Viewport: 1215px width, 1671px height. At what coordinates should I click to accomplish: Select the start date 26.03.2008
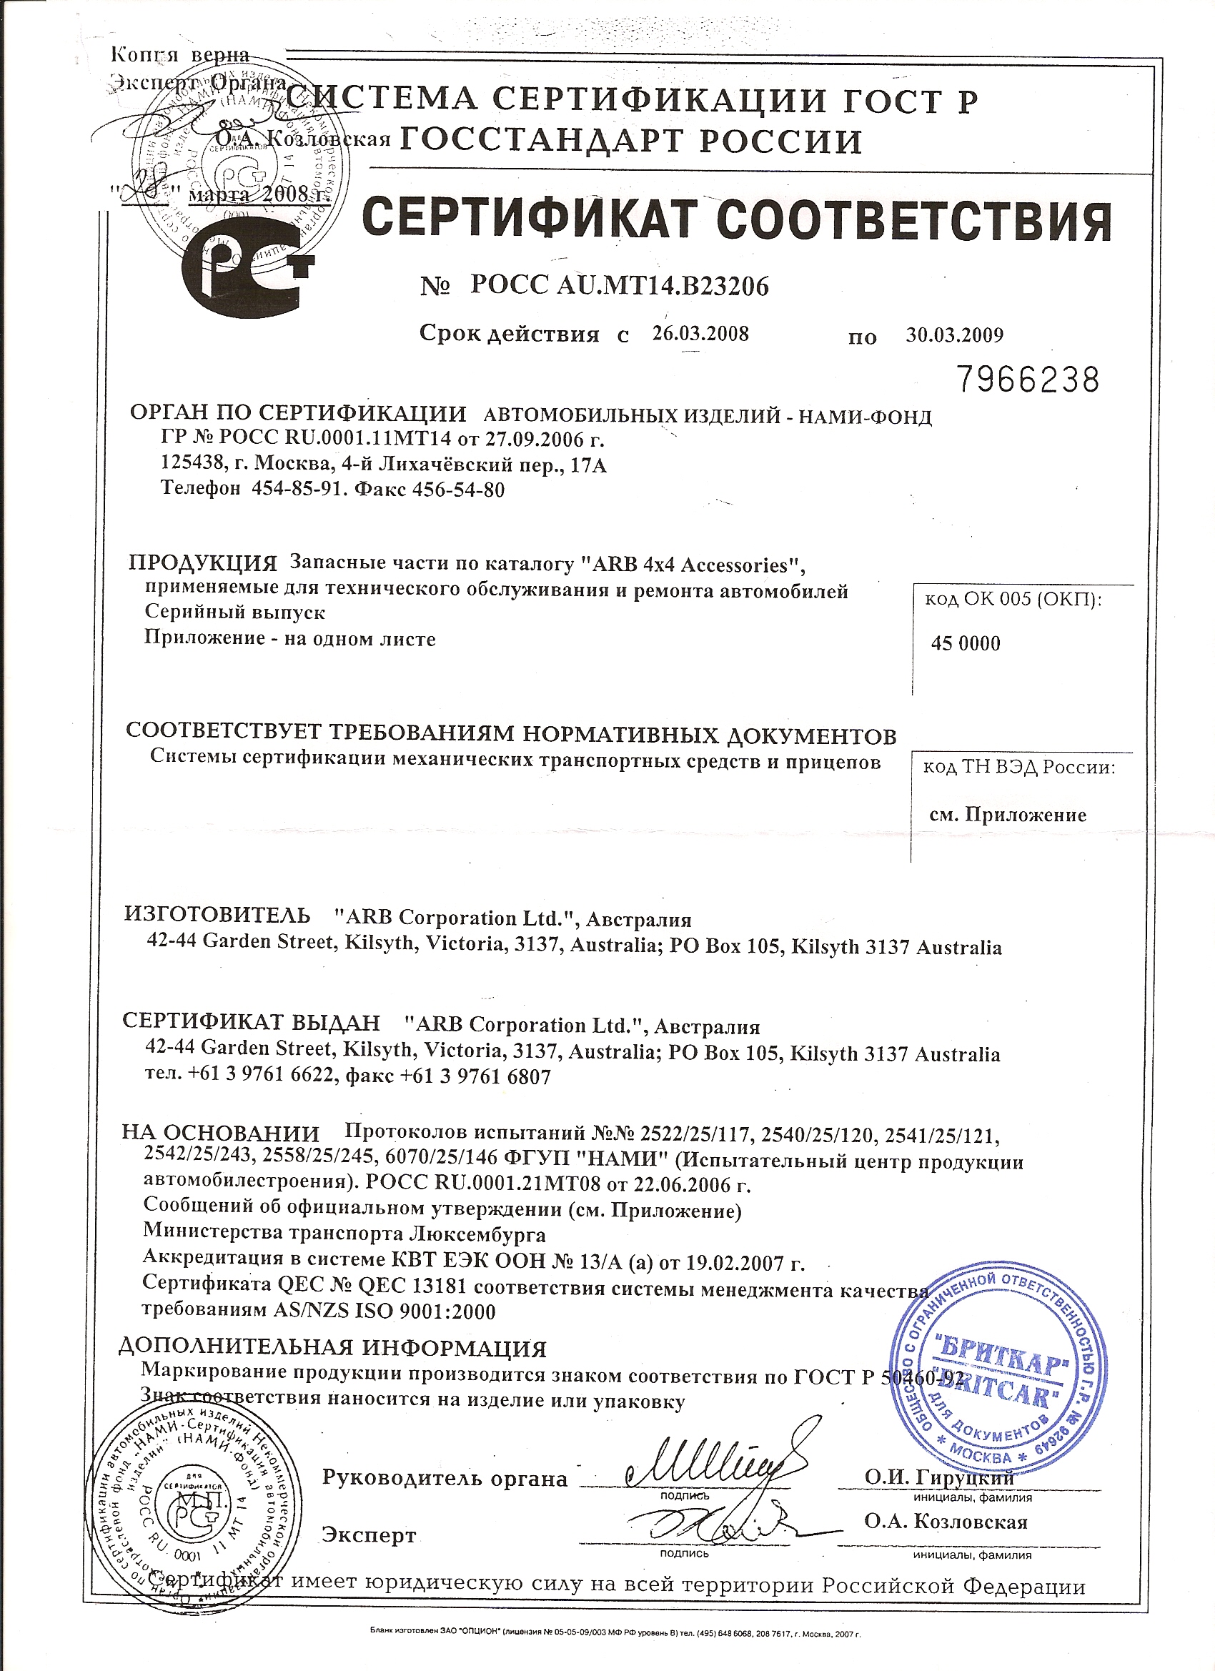click(700, 334)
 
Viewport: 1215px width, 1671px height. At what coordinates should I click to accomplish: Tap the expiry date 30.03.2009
click(954, 335)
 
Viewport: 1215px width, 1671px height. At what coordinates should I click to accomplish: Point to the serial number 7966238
click(1028, 380)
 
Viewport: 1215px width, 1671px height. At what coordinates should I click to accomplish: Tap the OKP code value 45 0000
click(966, 644)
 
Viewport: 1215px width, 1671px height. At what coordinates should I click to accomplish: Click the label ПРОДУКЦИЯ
click(204, 564)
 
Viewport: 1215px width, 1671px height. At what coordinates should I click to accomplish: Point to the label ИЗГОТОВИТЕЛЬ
click(217, 916)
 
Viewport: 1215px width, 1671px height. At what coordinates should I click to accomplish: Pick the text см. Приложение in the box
click(1007, 815)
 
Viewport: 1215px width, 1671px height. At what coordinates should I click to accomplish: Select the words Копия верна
click(180, 54)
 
